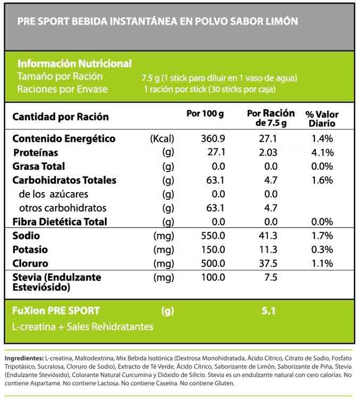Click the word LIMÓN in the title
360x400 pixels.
coord(282,21)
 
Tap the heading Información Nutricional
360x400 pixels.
coord(74,64)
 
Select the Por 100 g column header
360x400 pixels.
coord(205,113)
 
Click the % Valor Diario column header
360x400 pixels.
coord(322,119)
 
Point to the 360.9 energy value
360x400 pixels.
coord(213,138)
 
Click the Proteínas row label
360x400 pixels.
coord(36,153)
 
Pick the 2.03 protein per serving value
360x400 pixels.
coord(268,152)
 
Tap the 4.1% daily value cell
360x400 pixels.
coord(322,153)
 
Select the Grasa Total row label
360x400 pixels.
coord(38,166)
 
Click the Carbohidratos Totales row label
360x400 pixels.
coord(64,180)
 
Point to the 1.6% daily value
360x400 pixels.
coord(322,180)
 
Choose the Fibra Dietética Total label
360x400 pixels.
coord(60,222)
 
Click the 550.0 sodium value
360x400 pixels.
coord(213,236)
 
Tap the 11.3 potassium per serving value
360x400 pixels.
coord(268,249)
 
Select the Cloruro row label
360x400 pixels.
coord(30,263)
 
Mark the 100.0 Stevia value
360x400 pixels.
coord(213,277)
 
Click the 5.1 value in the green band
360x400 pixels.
coord(269,311)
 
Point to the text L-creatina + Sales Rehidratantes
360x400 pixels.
coord(82,327)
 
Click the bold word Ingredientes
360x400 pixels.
coord(24,359)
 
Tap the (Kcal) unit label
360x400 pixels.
coord(162,139)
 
